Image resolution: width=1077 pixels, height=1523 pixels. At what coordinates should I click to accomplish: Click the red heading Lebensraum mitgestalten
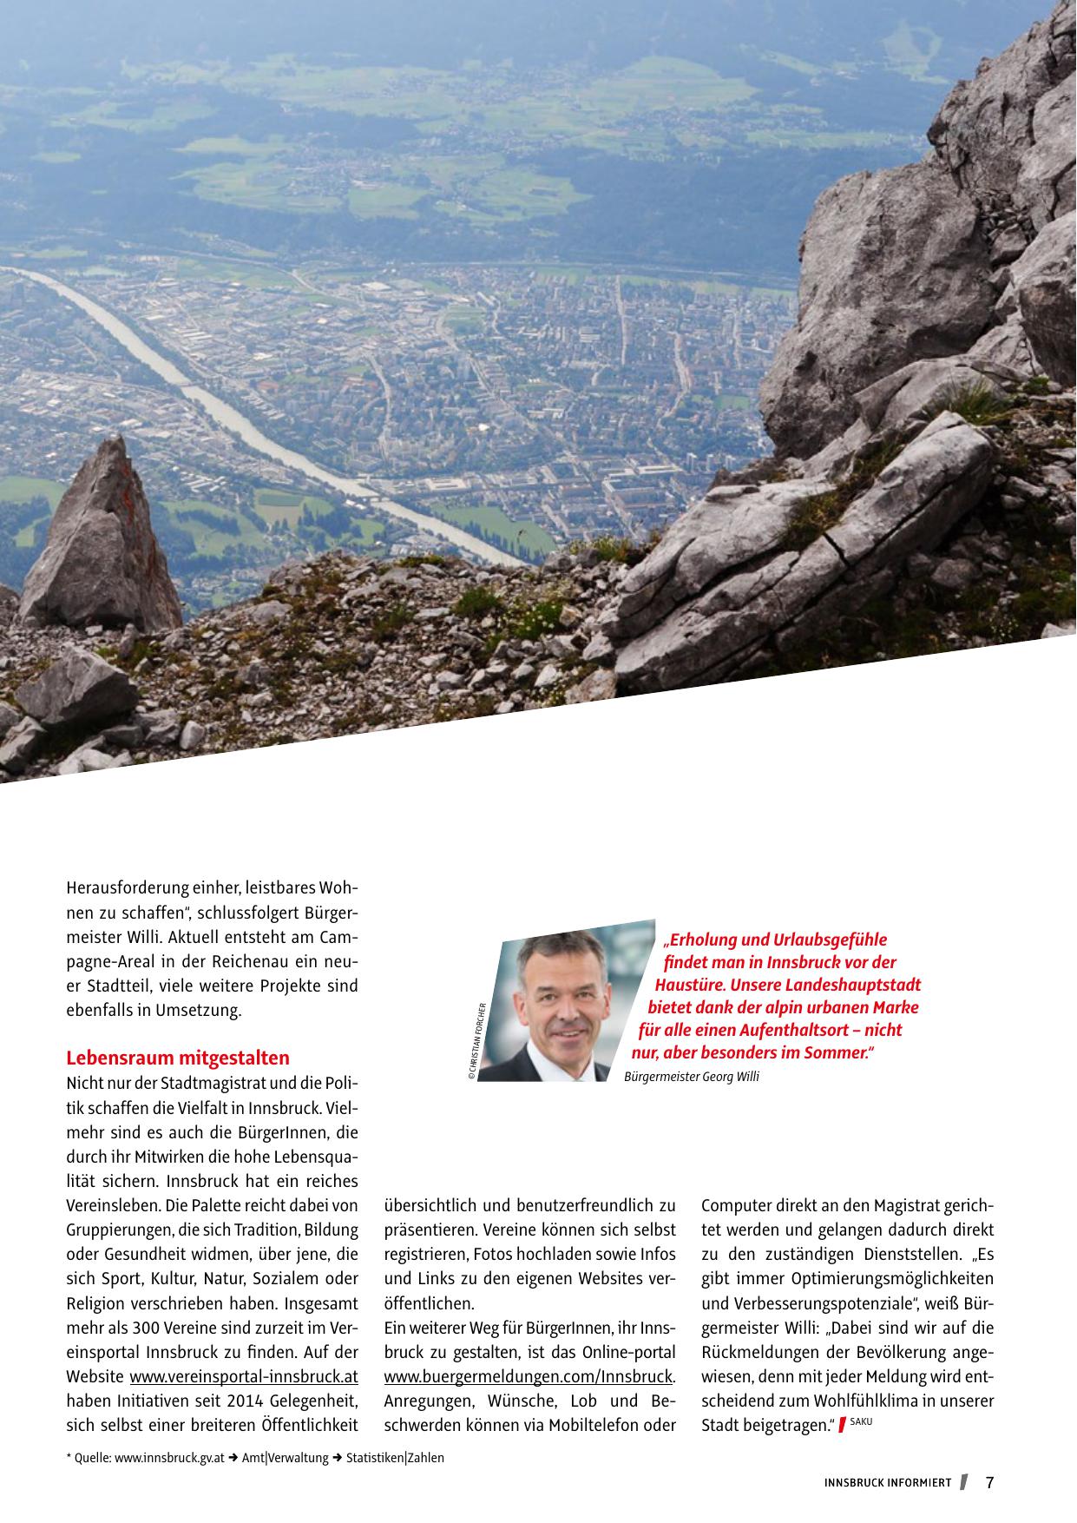click(x=178, y=1058)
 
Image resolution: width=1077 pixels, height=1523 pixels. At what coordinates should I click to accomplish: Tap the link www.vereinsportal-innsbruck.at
click(x=244, y=1377)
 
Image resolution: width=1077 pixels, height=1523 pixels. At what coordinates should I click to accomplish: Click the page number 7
click(x=989, y=1483)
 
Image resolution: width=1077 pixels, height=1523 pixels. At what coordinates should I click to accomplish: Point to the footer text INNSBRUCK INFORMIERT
click(x=888, y=1483)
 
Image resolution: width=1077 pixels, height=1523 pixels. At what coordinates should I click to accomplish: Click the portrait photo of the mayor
click(x=555, y=1007)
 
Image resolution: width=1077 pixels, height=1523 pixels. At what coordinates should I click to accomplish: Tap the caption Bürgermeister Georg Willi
click(x=692, y=1078)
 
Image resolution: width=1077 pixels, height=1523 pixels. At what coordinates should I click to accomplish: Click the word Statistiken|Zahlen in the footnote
click(x=395, y=1458)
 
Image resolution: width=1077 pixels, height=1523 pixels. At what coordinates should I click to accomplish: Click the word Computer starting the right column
click(x=733, y=1206)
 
